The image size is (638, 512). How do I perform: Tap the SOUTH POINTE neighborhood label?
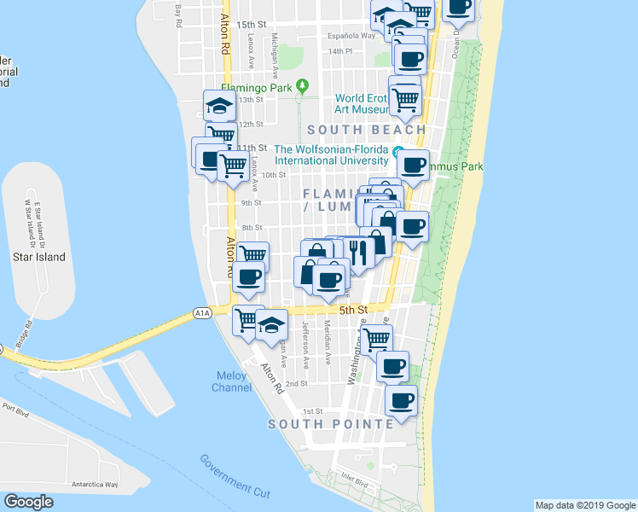tap(330, 423)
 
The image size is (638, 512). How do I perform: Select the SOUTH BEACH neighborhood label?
tap(366, 130)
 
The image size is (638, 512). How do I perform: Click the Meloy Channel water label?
tap(232, 381)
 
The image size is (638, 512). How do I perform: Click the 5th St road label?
tap(352, 310)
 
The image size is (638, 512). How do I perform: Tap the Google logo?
tap(29, 502)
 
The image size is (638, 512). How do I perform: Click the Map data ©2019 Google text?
tap(584, 505)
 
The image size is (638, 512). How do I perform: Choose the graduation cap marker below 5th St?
tap(272, 324)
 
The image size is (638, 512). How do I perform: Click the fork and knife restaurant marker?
tap(357, 252)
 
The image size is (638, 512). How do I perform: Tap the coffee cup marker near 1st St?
tap(400, 399)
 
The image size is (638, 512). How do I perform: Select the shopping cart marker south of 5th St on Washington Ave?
tap(376, 340)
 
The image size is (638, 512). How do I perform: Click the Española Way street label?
tap(352, 36)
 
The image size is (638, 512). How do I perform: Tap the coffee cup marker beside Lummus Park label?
tap(414, 165)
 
